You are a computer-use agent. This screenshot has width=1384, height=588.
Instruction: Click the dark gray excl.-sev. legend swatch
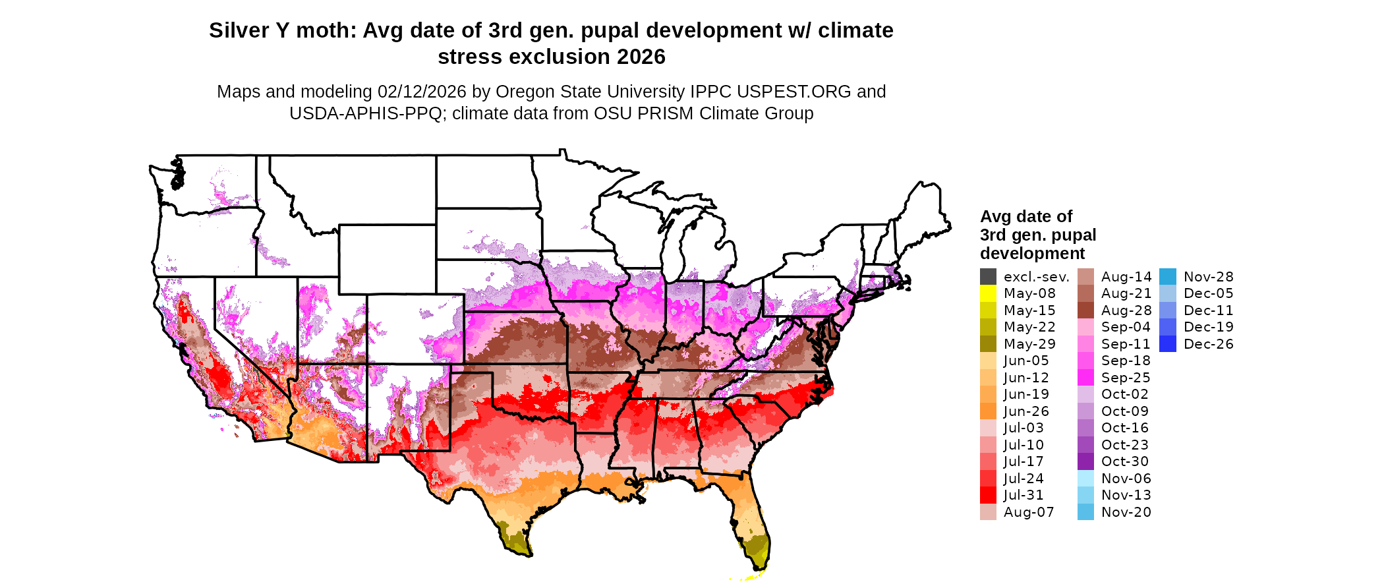988,277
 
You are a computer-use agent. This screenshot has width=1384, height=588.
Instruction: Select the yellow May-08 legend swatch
988,293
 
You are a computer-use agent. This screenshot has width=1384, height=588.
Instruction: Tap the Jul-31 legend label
1024,495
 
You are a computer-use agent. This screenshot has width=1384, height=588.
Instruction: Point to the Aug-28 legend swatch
1085,310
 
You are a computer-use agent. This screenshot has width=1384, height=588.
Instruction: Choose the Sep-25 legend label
1126,378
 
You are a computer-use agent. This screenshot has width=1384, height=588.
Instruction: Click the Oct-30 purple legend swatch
1085,461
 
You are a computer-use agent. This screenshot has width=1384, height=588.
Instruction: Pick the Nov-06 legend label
1126,479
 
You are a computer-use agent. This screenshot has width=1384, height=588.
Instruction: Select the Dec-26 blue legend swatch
1168,344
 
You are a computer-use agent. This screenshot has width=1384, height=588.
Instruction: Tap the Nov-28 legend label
1209,277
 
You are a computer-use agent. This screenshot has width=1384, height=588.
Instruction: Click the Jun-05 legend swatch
988,361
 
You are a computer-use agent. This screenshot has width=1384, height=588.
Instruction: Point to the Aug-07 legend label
1029,512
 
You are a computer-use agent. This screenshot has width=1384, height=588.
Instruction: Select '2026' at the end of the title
641,57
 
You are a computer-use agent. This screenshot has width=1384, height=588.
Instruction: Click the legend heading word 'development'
1032,254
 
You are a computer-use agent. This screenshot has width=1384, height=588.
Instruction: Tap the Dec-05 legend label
1209,293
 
